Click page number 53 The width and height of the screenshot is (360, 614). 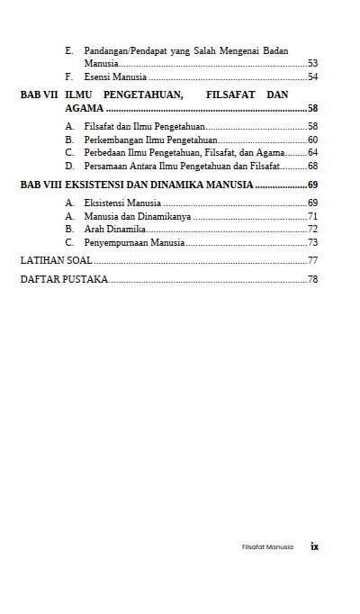tap(312, 64)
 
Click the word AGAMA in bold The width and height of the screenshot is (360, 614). tap(84, 108)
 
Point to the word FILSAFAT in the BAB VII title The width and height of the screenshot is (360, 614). tap(230, 95)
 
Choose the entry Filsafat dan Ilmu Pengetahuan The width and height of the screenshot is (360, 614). tap(144, 127)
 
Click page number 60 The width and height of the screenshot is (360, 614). tap(312, 140)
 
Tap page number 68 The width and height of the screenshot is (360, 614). tap(312, 167)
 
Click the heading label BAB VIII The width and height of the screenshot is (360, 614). tap(41, 185)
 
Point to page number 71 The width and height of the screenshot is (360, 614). tap(312, 217)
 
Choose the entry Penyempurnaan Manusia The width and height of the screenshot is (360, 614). tap(134, 243)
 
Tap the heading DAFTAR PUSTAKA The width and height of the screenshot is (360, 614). tap(64, 279)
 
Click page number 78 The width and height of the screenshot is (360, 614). tap(312, 279)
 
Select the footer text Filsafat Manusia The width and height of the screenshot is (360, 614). tap(267, 546)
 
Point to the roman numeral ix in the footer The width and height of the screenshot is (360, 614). tap(315, 546)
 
